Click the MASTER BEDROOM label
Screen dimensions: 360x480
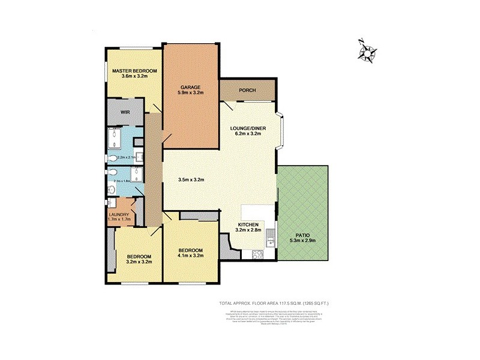click(x=134, y=71)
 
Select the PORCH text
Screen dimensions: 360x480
click(x=247, y=91)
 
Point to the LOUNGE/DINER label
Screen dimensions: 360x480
click(x=248, y=128)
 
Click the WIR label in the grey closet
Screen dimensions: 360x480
click(x=125, y=112)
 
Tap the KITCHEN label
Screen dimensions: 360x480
click(x=248, y=224)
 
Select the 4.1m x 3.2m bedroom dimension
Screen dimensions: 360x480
click(x=190, y=256)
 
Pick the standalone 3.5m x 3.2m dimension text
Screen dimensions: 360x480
click(x=191, y=179)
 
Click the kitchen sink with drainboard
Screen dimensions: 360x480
click(x=271, y=238)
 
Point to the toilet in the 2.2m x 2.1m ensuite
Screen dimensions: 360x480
click(x=113, y=158)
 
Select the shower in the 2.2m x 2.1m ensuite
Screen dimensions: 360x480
click(x=116, y=139)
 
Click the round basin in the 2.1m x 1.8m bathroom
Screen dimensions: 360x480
click(x=112, y=190)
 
